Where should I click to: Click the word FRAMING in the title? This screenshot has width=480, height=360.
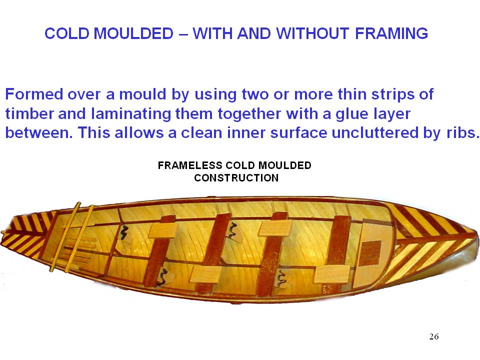391,33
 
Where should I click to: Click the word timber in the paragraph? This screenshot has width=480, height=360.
29,113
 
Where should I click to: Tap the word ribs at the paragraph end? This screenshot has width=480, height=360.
462,132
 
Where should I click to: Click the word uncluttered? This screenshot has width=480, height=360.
375,132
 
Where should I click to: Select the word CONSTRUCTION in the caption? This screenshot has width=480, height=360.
236,178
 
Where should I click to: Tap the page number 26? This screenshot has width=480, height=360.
434,336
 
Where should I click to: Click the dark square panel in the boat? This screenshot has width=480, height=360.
370,253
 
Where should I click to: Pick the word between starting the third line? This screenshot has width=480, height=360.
39,132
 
